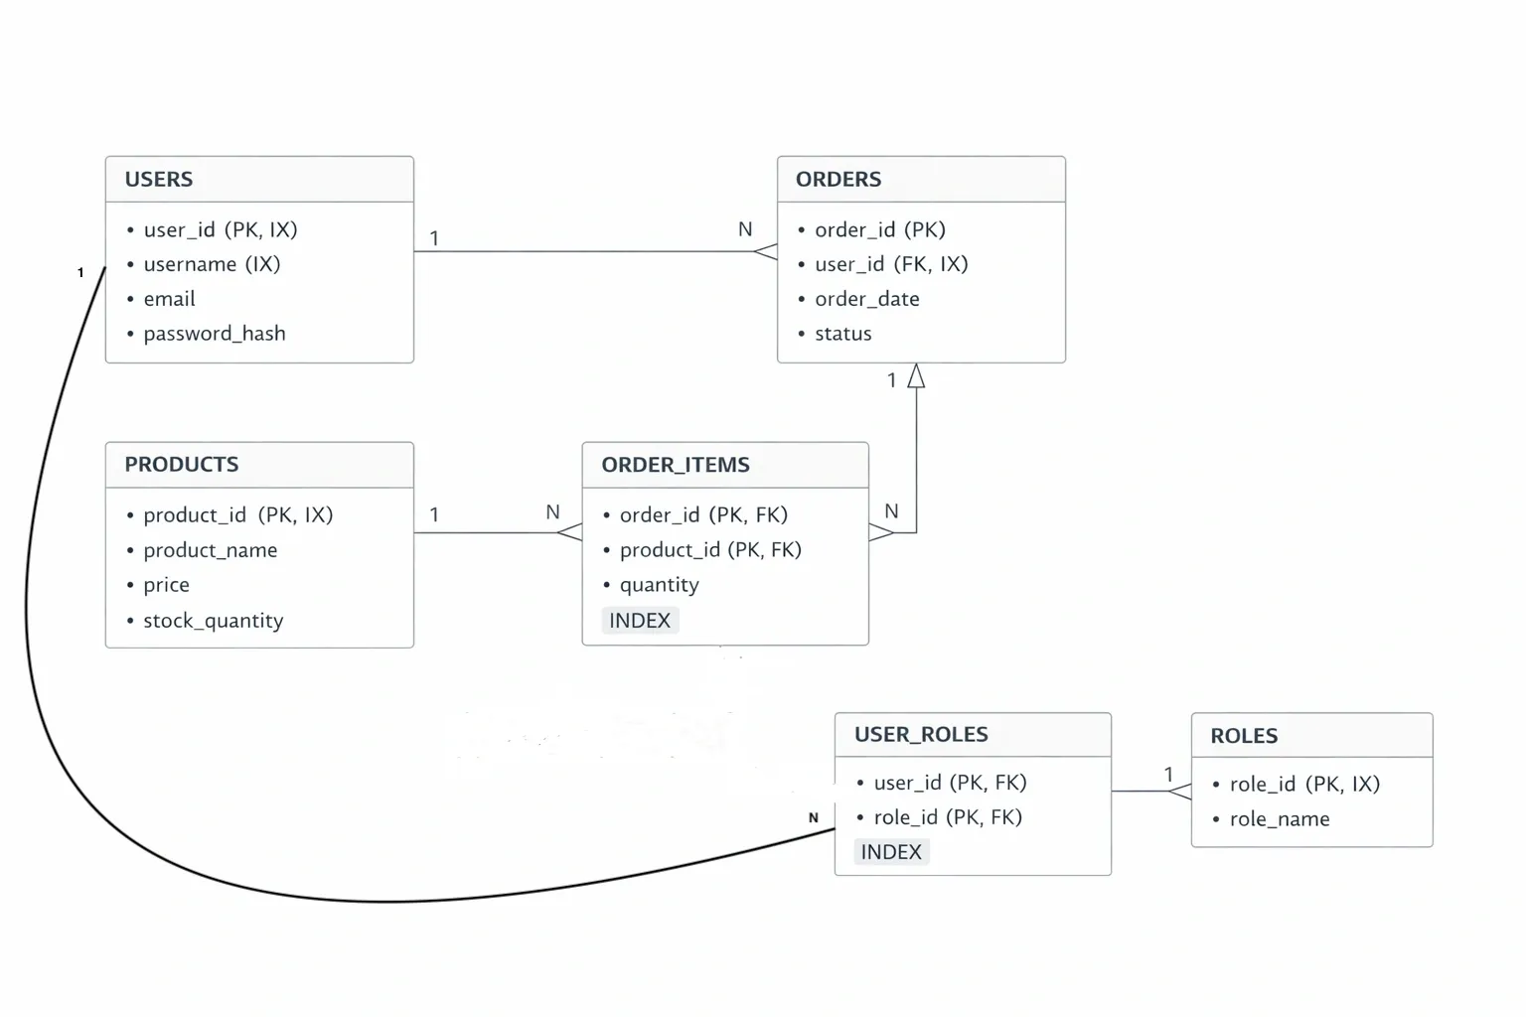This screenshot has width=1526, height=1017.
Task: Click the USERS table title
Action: point(159,180)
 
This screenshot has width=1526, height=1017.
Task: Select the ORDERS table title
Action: point(838,180)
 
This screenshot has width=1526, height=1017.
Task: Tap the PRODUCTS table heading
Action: point(181,465)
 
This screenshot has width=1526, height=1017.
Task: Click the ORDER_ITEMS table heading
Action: point(675,465)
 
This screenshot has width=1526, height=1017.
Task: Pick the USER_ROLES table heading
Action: point(920,735)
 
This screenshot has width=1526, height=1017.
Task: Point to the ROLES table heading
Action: point(1243,736)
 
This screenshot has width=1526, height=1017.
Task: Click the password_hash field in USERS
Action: point(214,334)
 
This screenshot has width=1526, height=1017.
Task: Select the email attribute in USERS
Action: point(169,299)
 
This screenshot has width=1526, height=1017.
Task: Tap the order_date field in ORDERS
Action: point(866,299)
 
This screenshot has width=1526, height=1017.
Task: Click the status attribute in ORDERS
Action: point(842,334)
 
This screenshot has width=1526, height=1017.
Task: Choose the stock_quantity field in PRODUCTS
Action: point(213,621)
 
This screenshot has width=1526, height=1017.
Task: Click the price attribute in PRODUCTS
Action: point(166,585)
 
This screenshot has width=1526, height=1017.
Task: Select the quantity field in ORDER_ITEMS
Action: point(659,585)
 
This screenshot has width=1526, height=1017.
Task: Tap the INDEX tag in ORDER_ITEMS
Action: point(640,621)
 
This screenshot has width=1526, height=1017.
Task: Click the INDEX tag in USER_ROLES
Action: point(891,852)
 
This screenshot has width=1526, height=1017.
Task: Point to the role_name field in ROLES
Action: point(1279,819)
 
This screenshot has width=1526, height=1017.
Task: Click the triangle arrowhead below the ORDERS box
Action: point(916,376)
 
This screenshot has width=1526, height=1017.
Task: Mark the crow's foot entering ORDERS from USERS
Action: point(765,251)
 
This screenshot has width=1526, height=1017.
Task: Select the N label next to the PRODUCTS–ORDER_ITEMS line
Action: point(552,512)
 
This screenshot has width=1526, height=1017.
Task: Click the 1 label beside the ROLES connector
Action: point(1168,774)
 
